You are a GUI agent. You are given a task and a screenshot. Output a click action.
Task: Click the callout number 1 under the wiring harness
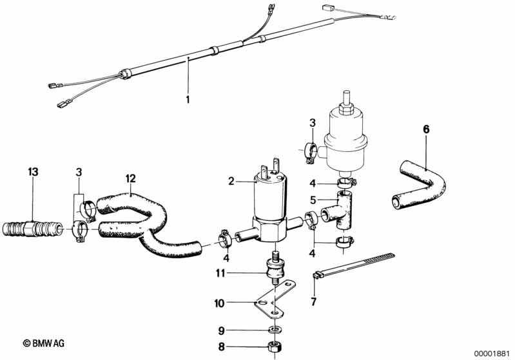tap(188, 99)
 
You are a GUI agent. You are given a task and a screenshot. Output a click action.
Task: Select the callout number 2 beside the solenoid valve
tap(231, 181)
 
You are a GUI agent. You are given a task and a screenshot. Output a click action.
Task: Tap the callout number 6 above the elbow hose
tap(426, 129)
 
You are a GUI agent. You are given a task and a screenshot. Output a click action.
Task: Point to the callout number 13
tap(33, 172)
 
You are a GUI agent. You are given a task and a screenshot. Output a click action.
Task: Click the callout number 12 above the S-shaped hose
tap(130, 178)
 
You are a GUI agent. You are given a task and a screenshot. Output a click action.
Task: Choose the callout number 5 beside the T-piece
tap(313, 200)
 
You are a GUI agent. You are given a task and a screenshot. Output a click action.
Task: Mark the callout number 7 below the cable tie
tap(314, 301)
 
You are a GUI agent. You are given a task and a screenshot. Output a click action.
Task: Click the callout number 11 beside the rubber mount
tap(220, 272)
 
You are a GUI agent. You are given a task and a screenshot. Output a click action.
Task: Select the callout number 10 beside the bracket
tap(219, 303)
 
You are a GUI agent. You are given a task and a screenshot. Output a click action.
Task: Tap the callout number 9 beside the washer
tap(222, 331)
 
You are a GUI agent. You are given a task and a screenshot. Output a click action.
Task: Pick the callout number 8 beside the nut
tap(222, 346)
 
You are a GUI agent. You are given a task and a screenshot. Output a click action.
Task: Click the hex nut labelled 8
tap(274, 346)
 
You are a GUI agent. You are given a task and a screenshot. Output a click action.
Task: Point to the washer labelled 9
tap(274, 329)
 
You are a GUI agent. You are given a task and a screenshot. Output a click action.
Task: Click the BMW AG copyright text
tap(44, 344)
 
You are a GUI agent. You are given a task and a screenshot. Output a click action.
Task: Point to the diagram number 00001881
tap(492, 354)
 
